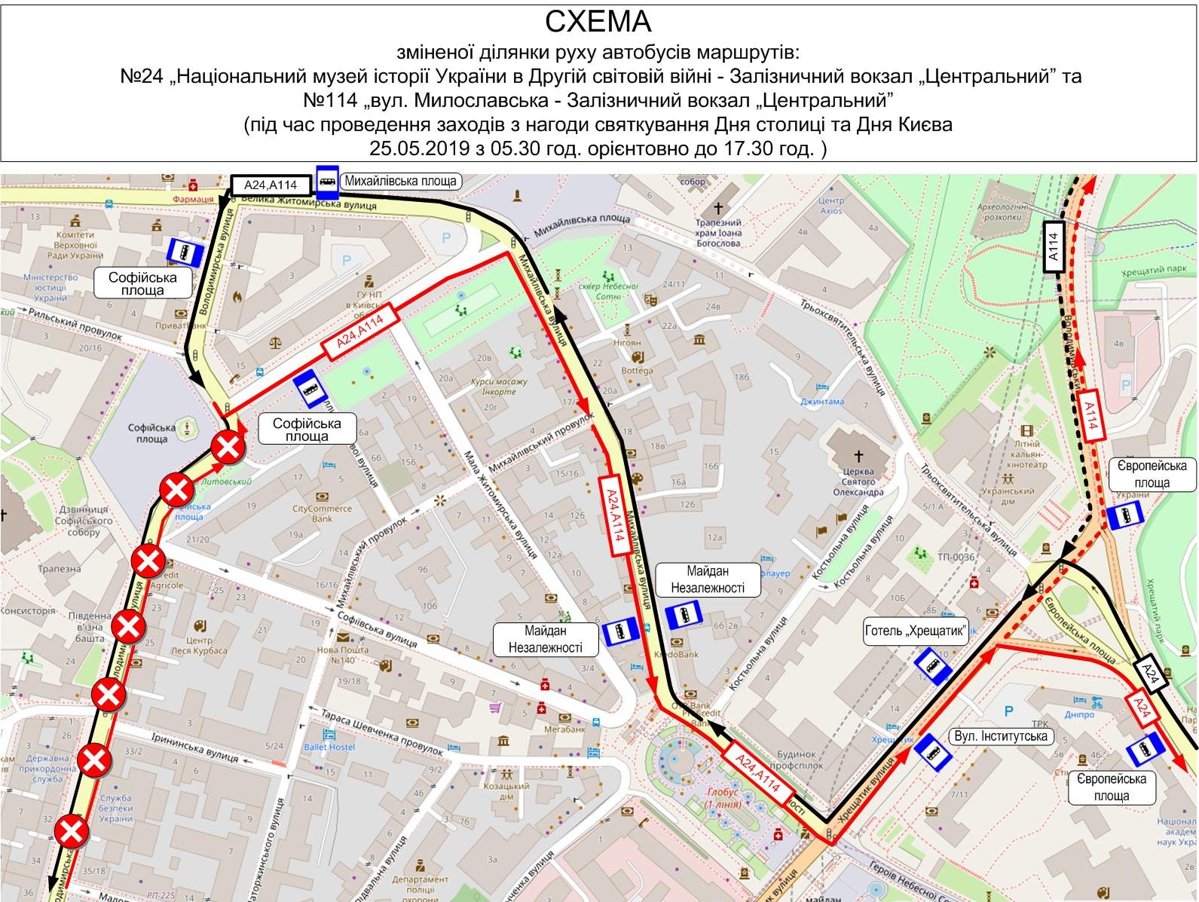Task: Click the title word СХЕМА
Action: [x=598, y=22]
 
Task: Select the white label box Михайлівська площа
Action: [x=400, y=181]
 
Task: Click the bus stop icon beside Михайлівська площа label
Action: [x=327, y=181]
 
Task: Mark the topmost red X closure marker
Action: [x=228, y=448]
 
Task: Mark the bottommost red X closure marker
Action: [x=72, y=833]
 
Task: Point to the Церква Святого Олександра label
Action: [x=858, y=482]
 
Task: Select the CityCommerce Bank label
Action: [x=322, y=513]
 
